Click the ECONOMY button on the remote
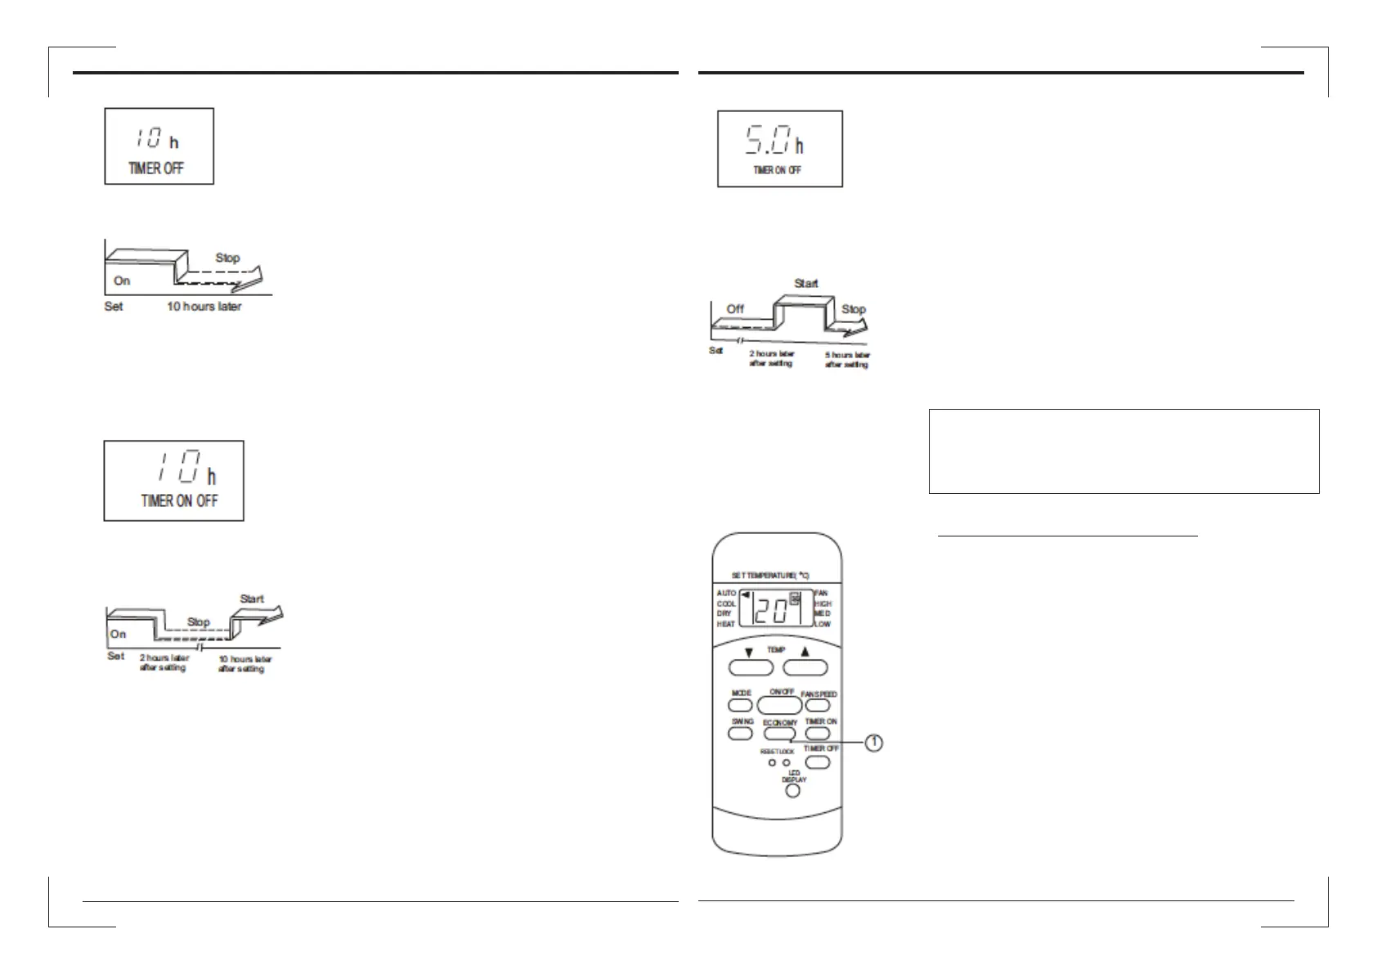[x=779, y=734]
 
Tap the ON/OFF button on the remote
[x=779, y=704]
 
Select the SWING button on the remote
[x=740, y=733]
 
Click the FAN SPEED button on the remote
[x=817, y=705]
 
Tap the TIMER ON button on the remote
[x=817, y=733]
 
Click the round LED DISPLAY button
[x=792, y=791]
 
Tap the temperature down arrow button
[x=750, y=667]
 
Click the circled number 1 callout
[x=874, y=743]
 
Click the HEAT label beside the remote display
[x=725, y=624]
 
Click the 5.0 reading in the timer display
[x=767, y=140]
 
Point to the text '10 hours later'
[x=204, y=307]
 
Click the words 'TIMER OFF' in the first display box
[x=156, y=168]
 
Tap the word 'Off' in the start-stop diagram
[x=735, y=309]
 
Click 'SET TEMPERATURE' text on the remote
[x=769, y=576]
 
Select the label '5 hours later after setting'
[x=846, y=360]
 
